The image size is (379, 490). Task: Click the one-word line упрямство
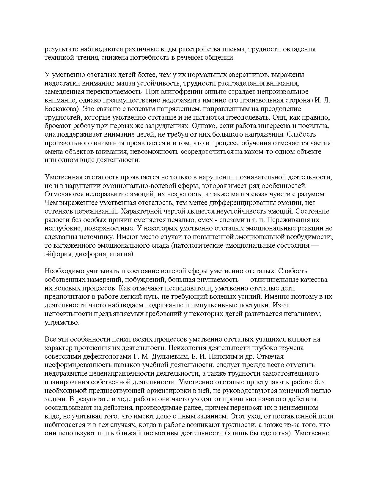point(62,323)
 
